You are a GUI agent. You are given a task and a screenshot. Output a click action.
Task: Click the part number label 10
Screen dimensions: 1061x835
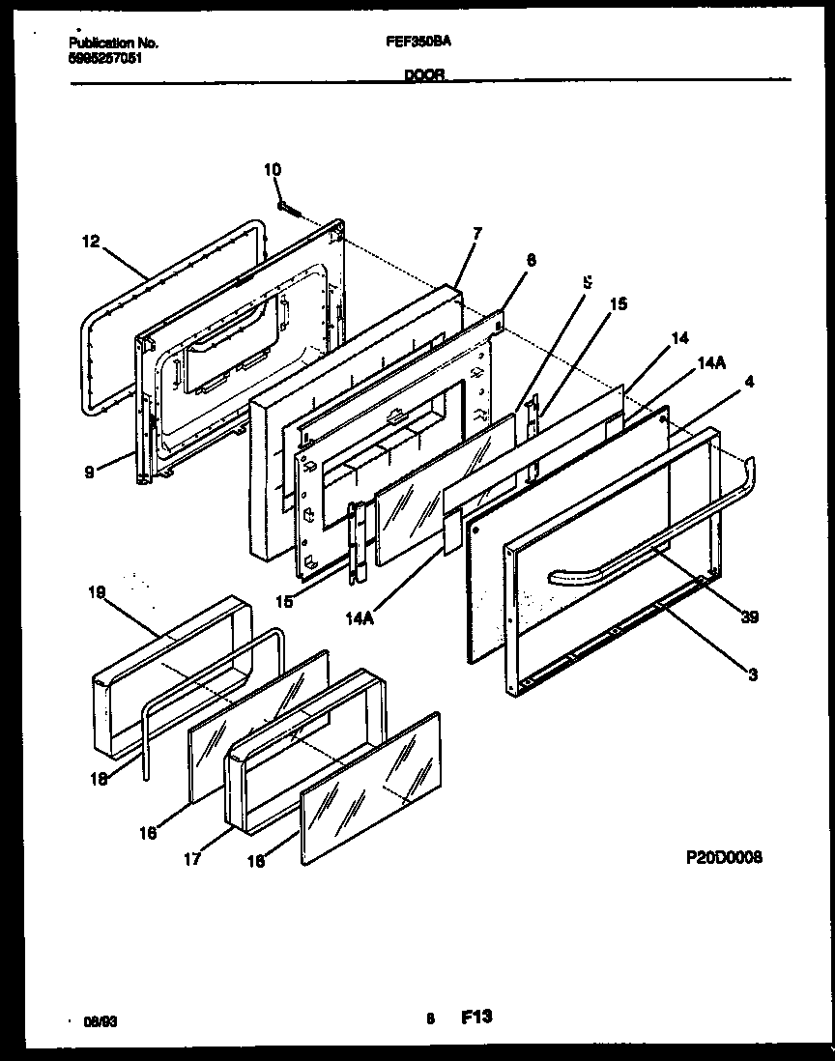(273, 170)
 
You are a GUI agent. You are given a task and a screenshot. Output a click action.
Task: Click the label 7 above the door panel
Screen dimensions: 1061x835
(476, 234)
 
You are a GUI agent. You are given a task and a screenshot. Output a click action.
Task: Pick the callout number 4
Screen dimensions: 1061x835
(749, 381)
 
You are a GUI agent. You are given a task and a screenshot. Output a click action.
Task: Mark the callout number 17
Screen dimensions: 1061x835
(192, 858)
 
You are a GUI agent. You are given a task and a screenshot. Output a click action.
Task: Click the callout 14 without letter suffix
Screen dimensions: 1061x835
(679, 338)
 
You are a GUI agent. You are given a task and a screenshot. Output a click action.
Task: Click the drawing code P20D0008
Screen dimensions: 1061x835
(721, 857)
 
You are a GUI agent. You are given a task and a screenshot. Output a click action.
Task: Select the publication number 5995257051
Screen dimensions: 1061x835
(108, 57)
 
